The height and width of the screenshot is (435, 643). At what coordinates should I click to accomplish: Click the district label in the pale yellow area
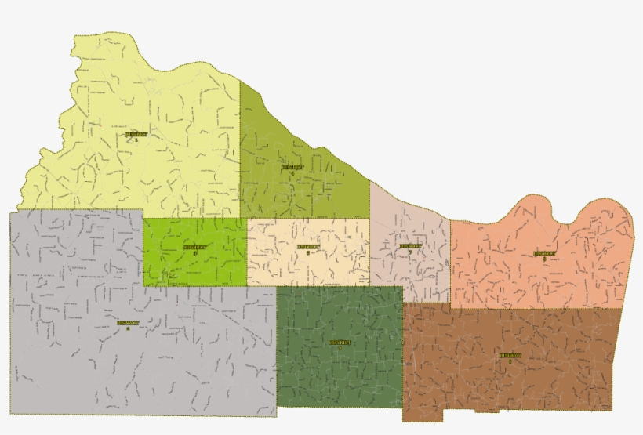136,136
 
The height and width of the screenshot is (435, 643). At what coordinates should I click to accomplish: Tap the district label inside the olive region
292,169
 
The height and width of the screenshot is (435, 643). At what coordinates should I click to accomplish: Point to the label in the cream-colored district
307,248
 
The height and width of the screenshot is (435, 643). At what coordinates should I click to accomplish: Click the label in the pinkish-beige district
409,247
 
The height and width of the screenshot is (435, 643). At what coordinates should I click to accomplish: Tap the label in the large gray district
128,324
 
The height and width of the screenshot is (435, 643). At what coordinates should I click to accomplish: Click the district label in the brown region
510,357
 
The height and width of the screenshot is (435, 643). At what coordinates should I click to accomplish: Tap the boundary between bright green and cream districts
247,251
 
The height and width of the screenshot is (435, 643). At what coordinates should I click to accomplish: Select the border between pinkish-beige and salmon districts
450,259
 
